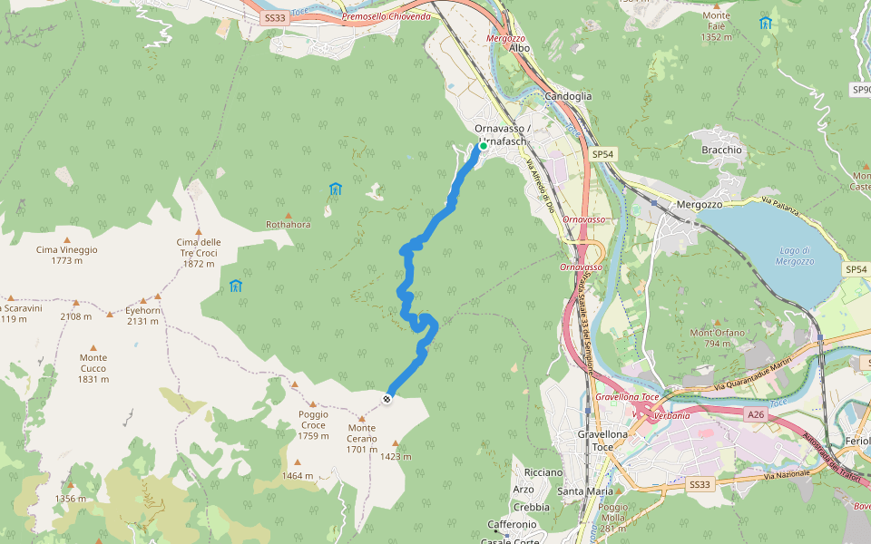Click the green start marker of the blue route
[x=483, y=145]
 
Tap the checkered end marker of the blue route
[x=387, y=399]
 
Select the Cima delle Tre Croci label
[x=198, y=253]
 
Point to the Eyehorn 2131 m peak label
[x=142, y=315]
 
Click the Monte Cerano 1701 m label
[x=361, y=439]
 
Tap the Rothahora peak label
[x=288, y=224]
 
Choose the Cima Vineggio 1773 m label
[x=66, y=255]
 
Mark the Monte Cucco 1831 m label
[x=93, y=368]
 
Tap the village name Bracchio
[x=721, y=150]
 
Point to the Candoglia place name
[x=568, y=96]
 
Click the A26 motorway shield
[x=756, y=414]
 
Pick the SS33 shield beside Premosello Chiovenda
[x=273, y=17]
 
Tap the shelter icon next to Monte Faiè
[x=765, y=23]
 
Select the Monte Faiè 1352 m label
[x=716, y=26]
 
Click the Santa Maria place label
[x=585, y=491]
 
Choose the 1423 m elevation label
[x=396, y=456]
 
